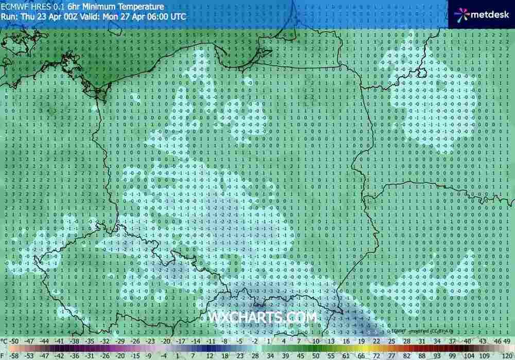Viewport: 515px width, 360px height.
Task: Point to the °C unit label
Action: click(5, 341)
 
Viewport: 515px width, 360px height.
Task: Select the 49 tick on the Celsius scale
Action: click(507, 341)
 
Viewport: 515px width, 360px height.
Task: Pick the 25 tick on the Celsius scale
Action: click(390, 341)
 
